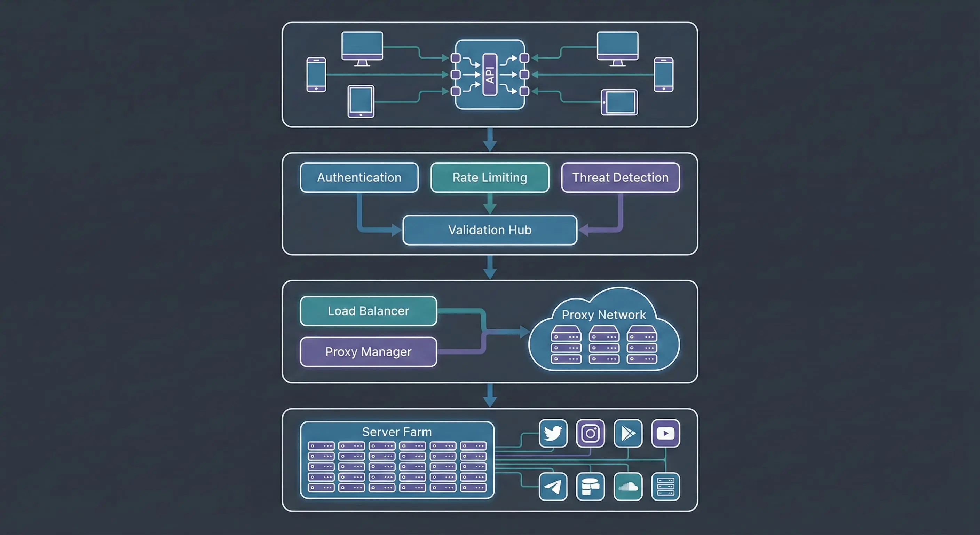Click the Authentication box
tap(359, 177)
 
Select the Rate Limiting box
tap(490, 177)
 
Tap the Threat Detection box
tap(620, 177)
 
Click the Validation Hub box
tap(490, 230)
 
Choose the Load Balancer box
tap(368, 311)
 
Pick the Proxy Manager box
tap(368, 352)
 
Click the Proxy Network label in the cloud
tap(604, 315)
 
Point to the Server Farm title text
tap(397, 432)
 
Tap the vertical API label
tap(490, 75)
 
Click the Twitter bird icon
tap(553, 433)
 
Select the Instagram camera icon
tap(590, 433)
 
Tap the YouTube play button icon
tap(665, 433)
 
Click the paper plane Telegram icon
tap(553, 487)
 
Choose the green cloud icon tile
tap(628, 487)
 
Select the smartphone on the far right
tap(663, 75)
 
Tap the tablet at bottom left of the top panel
tap(361, 101)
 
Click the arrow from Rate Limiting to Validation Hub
tap(490, 204)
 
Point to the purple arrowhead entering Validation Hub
tap(584, 230)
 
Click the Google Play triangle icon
tap(628, 433)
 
